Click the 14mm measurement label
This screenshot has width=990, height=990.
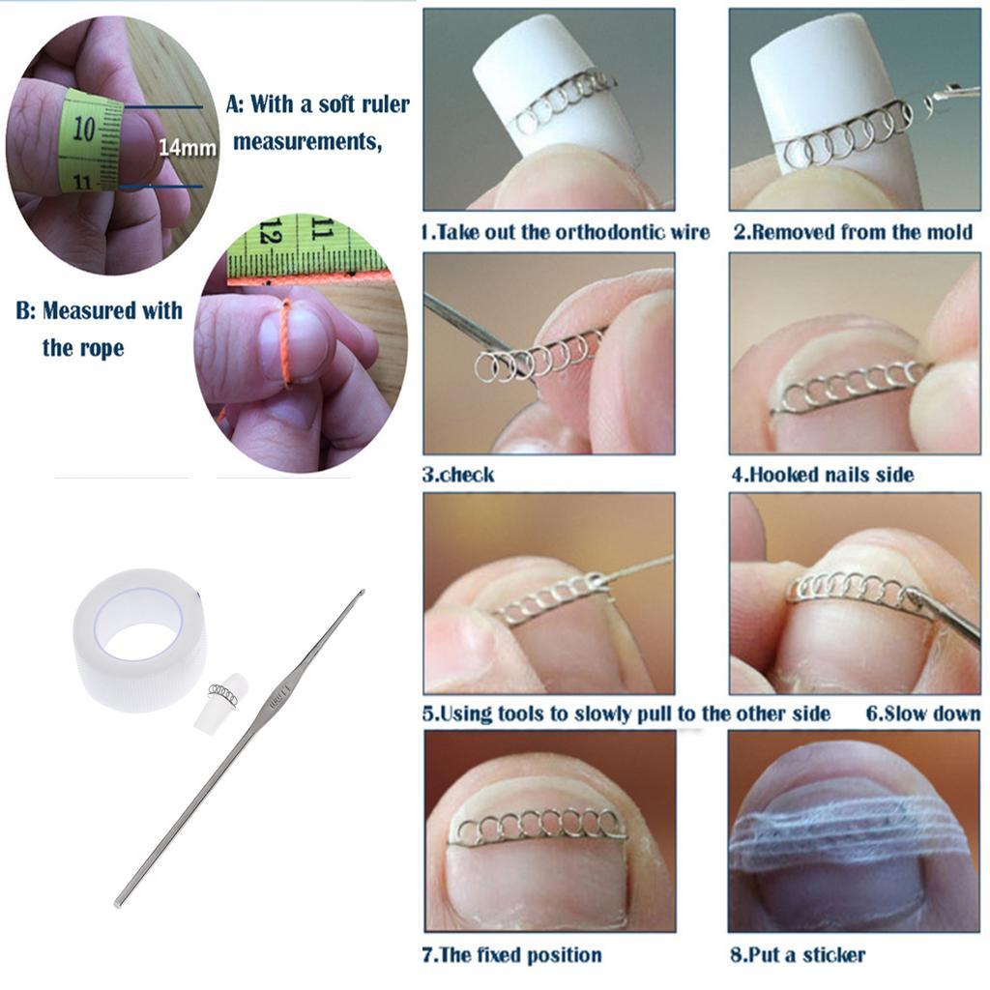pos(187,147)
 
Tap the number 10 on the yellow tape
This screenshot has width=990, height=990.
pos(83,129)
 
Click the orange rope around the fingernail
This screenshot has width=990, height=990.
pos(286,342)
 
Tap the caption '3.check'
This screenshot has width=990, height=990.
pos(457,474)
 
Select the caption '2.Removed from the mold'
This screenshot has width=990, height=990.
pos(853,232)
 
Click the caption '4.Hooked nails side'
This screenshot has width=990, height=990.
pos(823,474)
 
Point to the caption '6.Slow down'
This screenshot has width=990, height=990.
pos(922,713)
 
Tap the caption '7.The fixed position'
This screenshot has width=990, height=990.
pos(511,954)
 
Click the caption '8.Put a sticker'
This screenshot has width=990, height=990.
pos(798,954)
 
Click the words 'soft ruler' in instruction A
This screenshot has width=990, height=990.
pos(364,104)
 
